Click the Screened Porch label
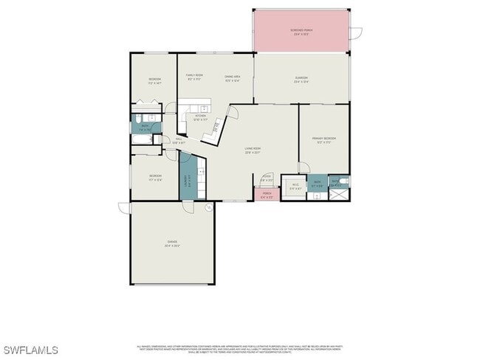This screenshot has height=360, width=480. (x=301, y=32)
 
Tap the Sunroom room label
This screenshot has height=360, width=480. (x=301, y=80)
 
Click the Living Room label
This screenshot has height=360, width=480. (x=253, y=150)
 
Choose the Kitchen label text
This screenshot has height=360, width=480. (x=200, y=117)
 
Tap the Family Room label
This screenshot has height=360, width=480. (x=195, y=77)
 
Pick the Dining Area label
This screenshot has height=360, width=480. (x=233, y=78)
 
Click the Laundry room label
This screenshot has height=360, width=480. (x=189, y=179)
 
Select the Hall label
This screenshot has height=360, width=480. (x=179, y=141)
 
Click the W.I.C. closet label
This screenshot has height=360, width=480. (x=295, y=186)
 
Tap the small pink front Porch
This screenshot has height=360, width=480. (x=267, y=195)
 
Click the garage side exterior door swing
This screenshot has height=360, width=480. (x=124, y=208)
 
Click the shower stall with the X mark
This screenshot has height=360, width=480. (x=340, y=194)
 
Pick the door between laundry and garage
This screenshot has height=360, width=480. (x=190, y=205)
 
